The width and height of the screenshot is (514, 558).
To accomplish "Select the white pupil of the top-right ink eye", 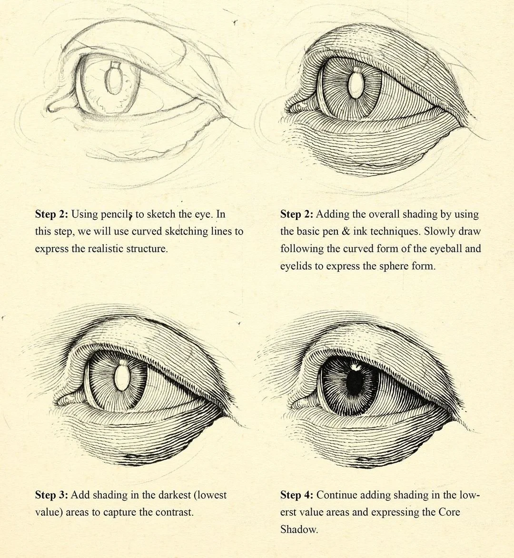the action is tap(356, 86).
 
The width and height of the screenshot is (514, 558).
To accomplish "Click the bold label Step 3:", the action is tap(51, 495).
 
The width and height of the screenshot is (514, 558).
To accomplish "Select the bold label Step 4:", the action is tap(297, 495).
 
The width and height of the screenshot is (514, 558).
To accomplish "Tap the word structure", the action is tap(150, 249).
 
